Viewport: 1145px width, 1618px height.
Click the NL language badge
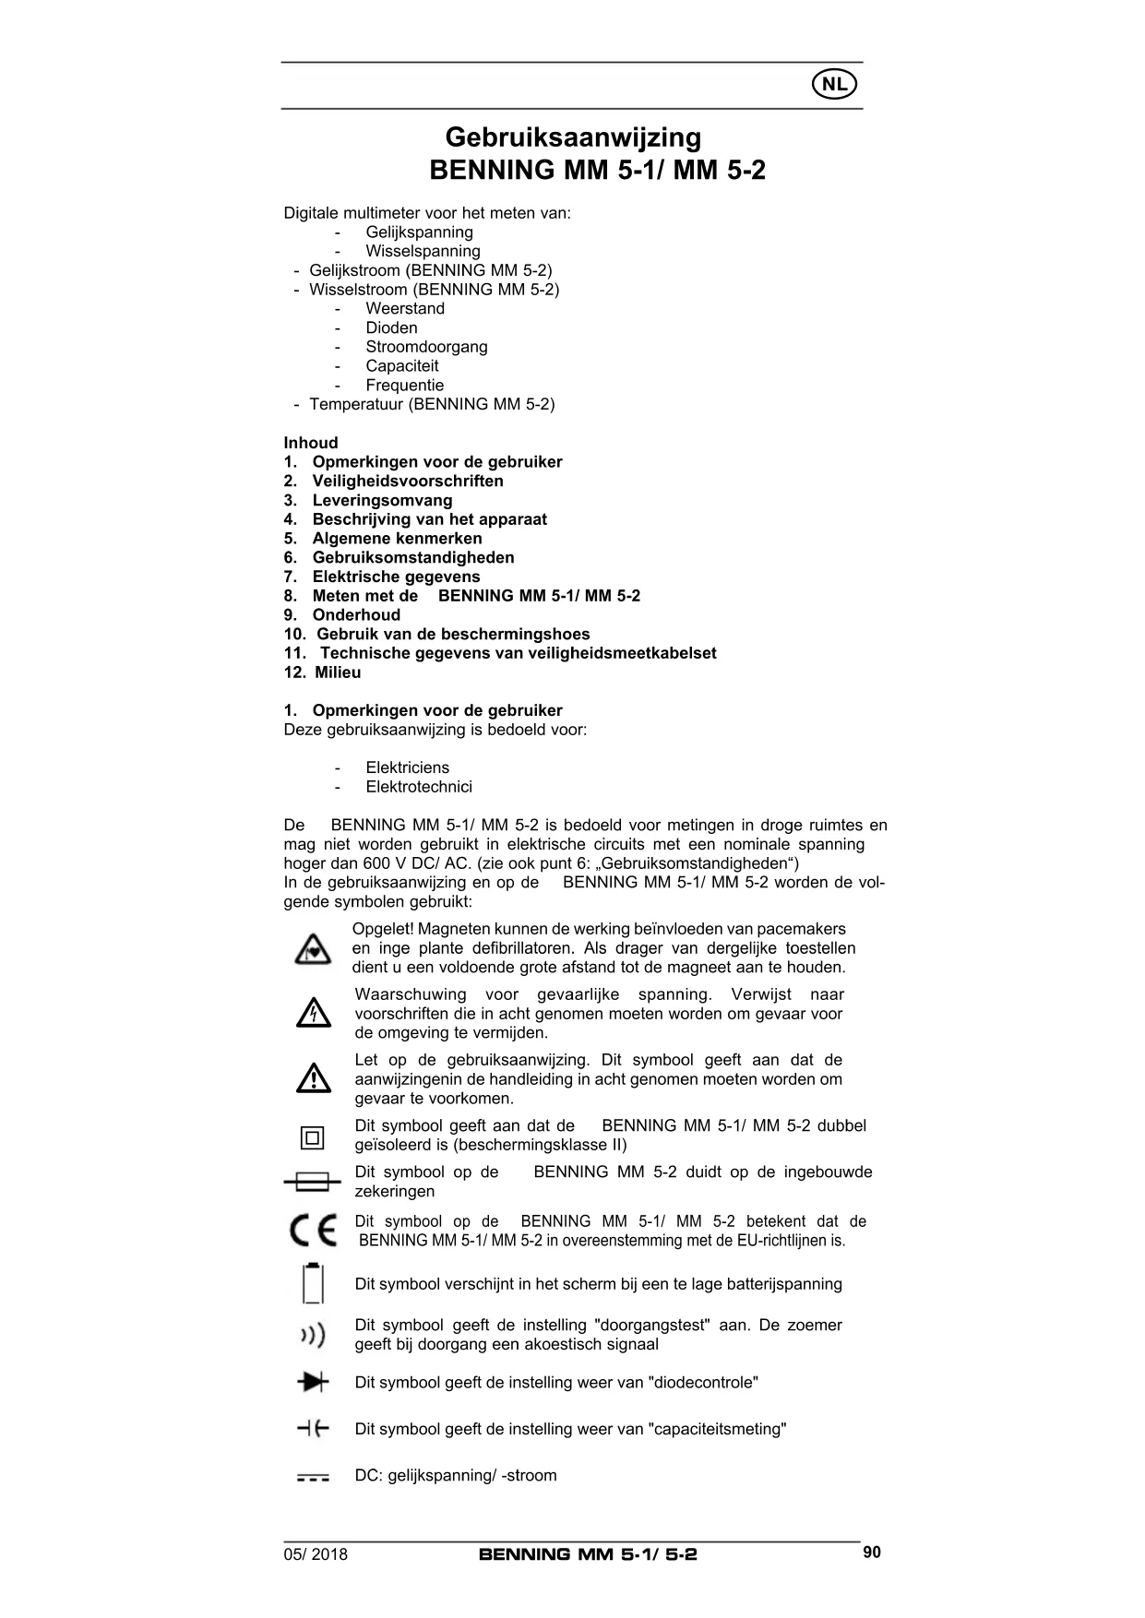[x=834, y=85]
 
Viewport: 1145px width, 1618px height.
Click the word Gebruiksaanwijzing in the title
[x=573, y=137]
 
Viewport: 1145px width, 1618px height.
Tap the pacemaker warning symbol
[x=313, y=949]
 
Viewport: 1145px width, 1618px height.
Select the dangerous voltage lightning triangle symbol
[x=314, y=1014]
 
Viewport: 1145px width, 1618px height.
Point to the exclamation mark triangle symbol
[x=314, y=1078]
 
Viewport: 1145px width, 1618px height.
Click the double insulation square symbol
[x=313, y=1138]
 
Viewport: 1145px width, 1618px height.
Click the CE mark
[x=313, y=1231]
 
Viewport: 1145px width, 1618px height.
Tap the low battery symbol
[x=314, y=1283]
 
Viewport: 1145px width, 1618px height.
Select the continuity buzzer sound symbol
[x=313, y=1335]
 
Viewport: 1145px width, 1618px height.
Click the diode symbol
[x=313, y=1382]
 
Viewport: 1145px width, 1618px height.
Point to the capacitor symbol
[x=313, y=1429]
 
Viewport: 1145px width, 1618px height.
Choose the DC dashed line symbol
[x=313, y=1477]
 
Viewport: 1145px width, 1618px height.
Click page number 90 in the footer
[x=872, y=1553]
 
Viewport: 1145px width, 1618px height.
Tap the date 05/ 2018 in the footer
[x=316, y=1554]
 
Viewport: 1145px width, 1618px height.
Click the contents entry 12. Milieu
[x=323, y=672]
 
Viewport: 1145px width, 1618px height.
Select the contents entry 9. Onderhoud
[x=342, y=615]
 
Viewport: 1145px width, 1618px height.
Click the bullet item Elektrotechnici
[x=419, y=787]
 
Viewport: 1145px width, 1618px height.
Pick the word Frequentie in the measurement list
[x=404, y=386]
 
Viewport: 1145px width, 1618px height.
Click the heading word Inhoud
[x=311, y=443]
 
